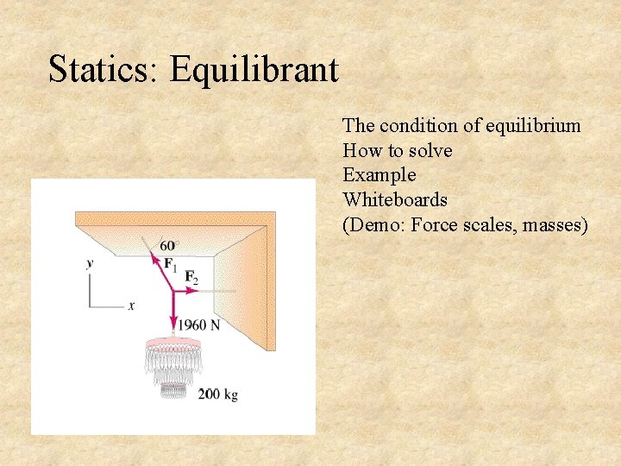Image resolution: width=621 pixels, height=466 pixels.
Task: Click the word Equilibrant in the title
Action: pos(254,69)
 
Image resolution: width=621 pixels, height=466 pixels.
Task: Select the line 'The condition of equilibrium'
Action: pos(461,126)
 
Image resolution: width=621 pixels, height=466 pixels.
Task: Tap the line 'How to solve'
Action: pos(397,151)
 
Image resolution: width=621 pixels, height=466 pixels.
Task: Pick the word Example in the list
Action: pos(379,175)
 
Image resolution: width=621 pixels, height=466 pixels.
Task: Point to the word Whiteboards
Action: pos(395,200)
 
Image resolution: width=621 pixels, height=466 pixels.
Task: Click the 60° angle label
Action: pos(167,247)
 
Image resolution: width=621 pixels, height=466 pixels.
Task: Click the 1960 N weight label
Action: pos(198,325)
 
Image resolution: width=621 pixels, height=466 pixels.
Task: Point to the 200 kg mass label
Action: pos(217,394)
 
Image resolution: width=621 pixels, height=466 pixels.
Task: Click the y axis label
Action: pos(90,263)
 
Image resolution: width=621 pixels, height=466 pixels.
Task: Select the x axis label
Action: pos(131,305)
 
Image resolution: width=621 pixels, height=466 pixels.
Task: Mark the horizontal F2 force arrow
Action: pos(187,292)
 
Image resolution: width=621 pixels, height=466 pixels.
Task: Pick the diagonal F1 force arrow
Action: pos(162,271)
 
